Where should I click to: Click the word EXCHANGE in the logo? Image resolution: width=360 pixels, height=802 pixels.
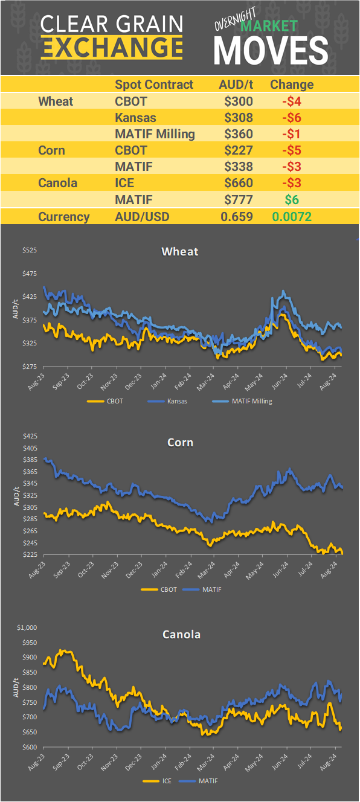pyautogui.click(x=112, y=47)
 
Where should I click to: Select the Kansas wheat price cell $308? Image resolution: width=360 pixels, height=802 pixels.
pyautogui.click(x=239, y=118)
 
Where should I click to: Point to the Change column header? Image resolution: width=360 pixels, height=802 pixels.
pyautogui.click(x=292, y=85)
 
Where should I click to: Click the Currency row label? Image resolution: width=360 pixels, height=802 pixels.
pyautogui.click(x=64, y=217)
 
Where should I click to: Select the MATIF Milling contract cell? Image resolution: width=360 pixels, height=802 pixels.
pyautogui.click(x=155, y=134)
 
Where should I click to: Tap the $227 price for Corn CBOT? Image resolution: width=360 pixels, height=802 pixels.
pyautogui.click(x=239, y=150)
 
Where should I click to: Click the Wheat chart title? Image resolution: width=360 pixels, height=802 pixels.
pyautogui.click(x=180, y=251)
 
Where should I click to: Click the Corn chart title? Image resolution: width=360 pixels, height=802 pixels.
pyautogui.click(x=180, y=443)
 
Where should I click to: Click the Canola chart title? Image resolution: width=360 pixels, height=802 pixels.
pyautogui.click(x=181, y=635)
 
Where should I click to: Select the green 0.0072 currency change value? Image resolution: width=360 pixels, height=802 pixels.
pyautogui.click(x=292, y=217)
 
